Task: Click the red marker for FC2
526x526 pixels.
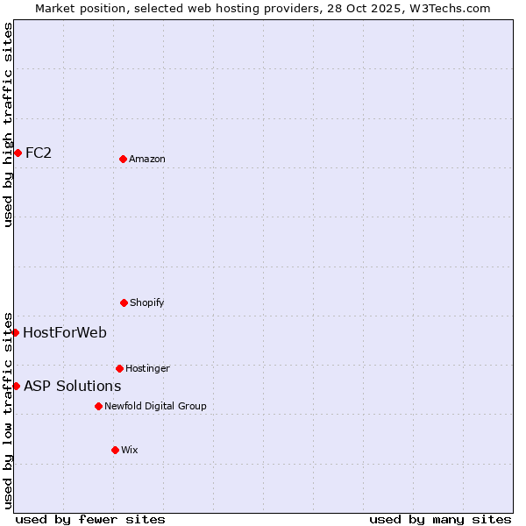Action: (18, 153)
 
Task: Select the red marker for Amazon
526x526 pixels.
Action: (123, 159)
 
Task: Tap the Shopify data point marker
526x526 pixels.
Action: (124, 302)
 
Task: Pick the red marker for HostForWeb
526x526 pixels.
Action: (15, 332)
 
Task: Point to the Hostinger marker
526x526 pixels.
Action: (119, 368)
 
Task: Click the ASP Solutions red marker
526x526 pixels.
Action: (16, 386)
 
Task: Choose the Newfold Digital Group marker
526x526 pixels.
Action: (98, 406)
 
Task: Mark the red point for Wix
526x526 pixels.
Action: (115, 450)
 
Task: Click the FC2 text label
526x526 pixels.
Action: (39, 153)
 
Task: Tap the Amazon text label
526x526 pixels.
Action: (147, 159)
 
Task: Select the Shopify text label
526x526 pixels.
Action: (147, 302)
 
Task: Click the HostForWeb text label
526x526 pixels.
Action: (65, 332)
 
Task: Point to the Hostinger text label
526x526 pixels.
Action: (147, 368)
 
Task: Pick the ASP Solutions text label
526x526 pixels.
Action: (72, 386)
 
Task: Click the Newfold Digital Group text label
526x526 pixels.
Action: (155, 406)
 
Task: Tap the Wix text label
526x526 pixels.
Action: (130, 450)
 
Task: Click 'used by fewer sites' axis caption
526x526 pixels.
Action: (90, 519)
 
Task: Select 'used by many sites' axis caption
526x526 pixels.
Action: (440, 519)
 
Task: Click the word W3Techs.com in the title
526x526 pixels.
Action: (447, 8)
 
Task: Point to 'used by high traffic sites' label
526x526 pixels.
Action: (8, 124)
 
